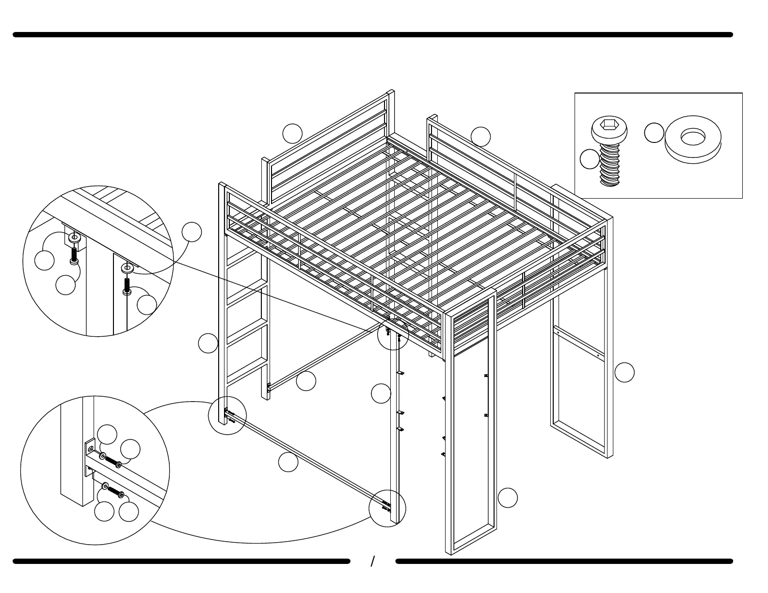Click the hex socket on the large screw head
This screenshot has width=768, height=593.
pos(609,126)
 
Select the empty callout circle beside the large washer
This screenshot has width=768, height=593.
pos(654,133)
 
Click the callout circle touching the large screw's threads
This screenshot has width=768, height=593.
pos(590,159)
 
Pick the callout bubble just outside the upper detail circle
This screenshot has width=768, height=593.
pos(192,232)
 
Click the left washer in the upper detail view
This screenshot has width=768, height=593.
pos(74,238)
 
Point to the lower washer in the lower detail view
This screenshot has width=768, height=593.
pos(105,485)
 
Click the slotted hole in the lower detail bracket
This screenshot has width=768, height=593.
pos(89,449)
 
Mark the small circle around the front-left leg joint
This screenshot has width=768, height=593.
pos(227,415)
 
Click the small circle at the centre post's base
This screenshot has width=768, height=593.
pos(387,508)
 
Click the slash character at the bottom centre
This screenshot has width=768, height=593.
pos(373,562)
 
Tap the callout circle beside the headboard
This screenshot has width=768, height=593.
pos(293,133)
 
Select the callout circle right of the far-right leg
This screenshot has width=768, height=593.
pos(624,372)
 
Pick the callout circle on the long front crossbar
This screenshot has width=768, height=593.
pos(288,462)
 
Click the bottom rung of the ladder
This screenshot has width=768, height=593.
pos(245,377)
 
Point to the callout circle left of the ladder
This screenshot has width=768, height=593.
pos(208,343)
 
